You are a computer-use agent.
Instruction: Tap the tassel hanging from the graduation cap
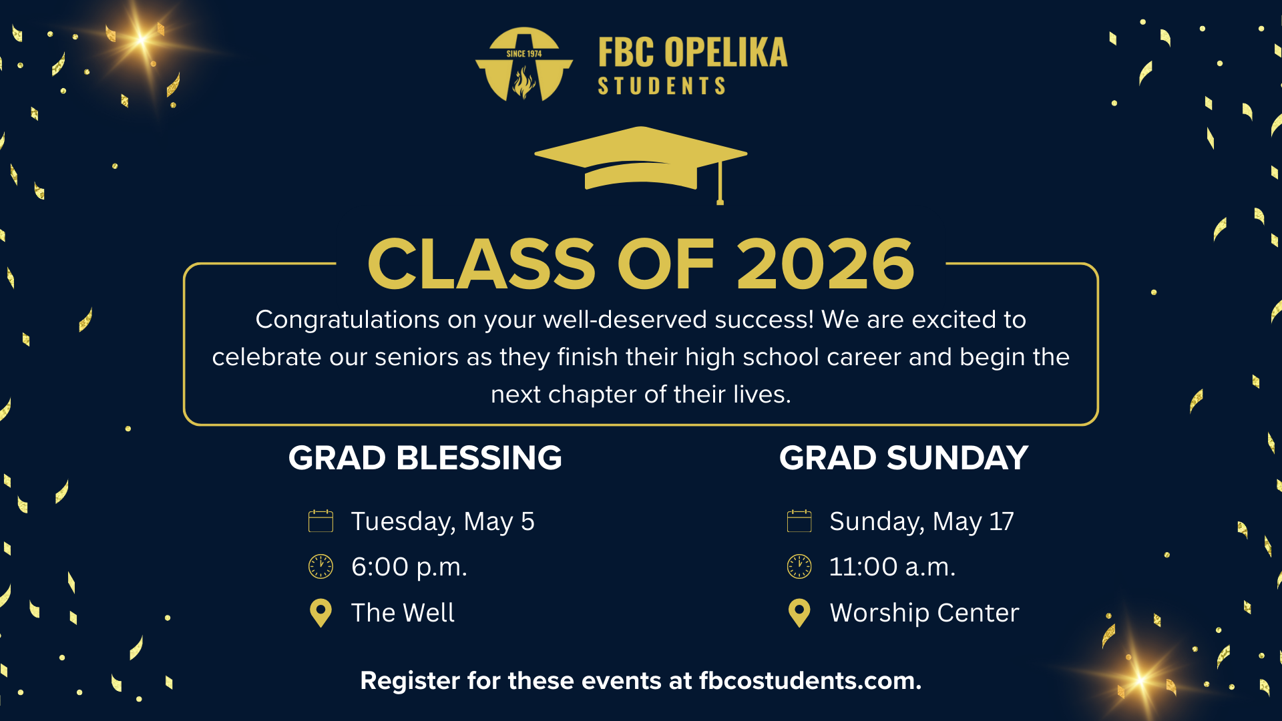point(720,182)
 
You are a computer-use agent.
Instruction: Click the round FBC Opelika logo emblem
point(524,64)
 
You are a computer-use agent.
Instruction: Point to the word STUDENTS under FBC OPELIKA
point(661,86)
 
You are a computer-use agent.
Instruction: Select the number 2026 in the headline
point(825,264)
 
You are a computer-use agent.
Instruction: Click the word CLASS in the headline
point(481,264)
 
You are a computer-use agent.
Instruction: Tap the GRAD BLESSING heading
point(425,458)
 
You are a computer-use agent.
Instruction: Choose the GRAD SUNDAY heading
point(903,458)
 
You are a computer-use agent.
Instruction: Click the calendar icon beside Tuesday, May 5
point(320,521)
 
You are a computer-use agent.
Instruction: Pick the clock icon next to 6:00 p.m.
point(320,566)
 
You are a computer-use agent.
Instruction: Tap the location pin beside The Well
point(320,613)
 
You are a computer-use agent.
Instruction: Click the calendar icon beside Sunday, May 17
point(799,521)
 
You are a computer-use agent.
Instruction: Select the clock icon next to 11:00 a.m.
point(799,566)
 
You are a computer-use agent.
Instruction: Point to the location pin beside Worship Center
point(799,613)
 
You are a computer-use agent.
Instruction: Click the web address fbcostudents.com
point(810,681)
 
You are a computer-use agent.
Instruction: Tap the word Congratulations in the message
point(348,320)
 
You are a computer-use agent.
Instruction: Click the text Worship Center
point(924,613)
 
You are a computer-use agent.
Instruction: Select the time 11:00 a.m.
point(892,567)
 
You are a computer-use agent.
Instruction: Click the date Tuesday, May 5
point(443,522)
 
